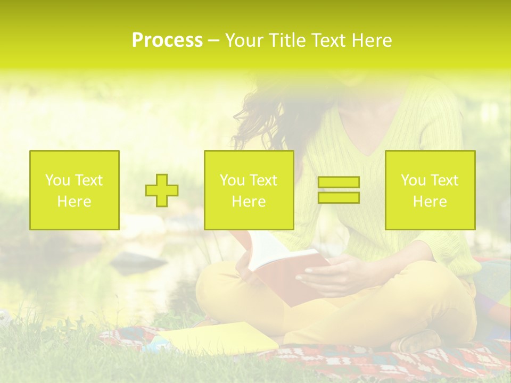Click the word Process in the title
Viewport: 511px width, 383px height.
point(167,40)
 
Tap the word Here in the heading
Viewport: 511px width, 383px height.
point(369,40)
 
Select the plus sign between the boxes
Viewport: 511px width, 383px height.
point(162,190)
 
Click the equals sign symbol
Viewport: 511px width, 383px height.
point(339,190)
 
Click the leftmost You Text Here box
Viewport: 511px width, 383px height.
point(75,190)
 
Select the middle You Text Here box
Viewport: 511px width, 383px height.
point(249,190)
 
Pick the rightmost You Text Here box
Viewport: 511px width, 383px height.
point(430,190)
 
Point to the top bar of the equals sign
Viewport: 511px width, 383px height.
point(339,182)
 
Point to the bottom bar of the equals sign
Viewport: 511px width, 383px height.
point(339,197)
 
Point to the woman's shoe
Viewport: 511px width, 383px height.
point(421,340)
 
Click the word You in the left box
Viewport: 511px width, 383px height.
point(57,180)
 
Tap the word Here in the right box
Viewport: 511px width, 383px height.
point(430,202)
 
